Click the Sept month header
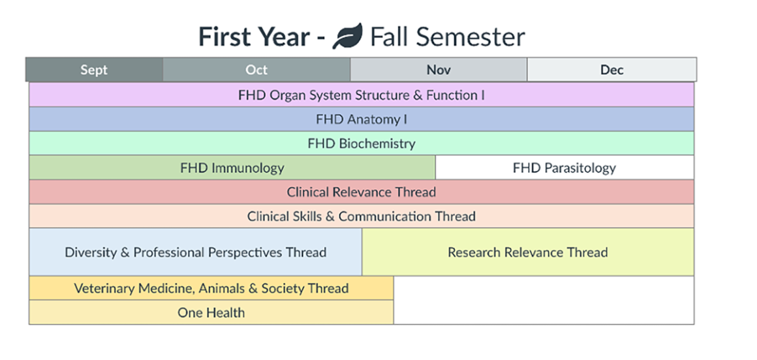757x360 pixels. (x=94, y=70)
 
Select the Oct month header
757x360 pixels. (x=256, y=70)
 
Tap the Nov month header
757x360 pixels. (x=439, y=70)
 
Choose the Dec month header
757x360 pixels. (x=611, y=70)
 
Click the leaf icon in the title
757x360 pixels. (x=347, y=37)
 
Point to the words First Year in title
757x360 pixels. (x=254, y=37)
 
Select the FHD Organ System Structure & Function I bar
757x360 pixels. (x=362, y=95)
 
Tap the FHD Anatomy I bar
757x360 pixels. (x=362, y=119)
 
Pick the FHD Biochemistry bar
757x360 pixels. (x=362, y=143)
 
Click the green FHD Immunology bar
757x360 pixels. (x=232, y=168)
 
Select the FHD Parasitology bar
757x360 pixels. (x=564, y=168)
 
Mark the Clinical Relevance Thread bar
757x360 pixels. (x=362, y=192)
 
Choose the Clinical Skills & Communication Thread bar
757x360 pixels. (x=362, y=216)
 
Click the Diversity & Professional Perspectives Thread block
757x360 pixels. (x=196, y=252)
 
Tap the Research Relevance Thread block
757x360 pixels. (x=527, y=252)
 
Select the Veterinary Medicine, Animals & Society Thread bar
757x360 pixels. (x=211, y=288)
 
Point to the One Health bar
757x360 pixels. (x=211, y=312)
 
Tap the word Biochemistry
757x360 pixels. (x=377, y=143)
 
